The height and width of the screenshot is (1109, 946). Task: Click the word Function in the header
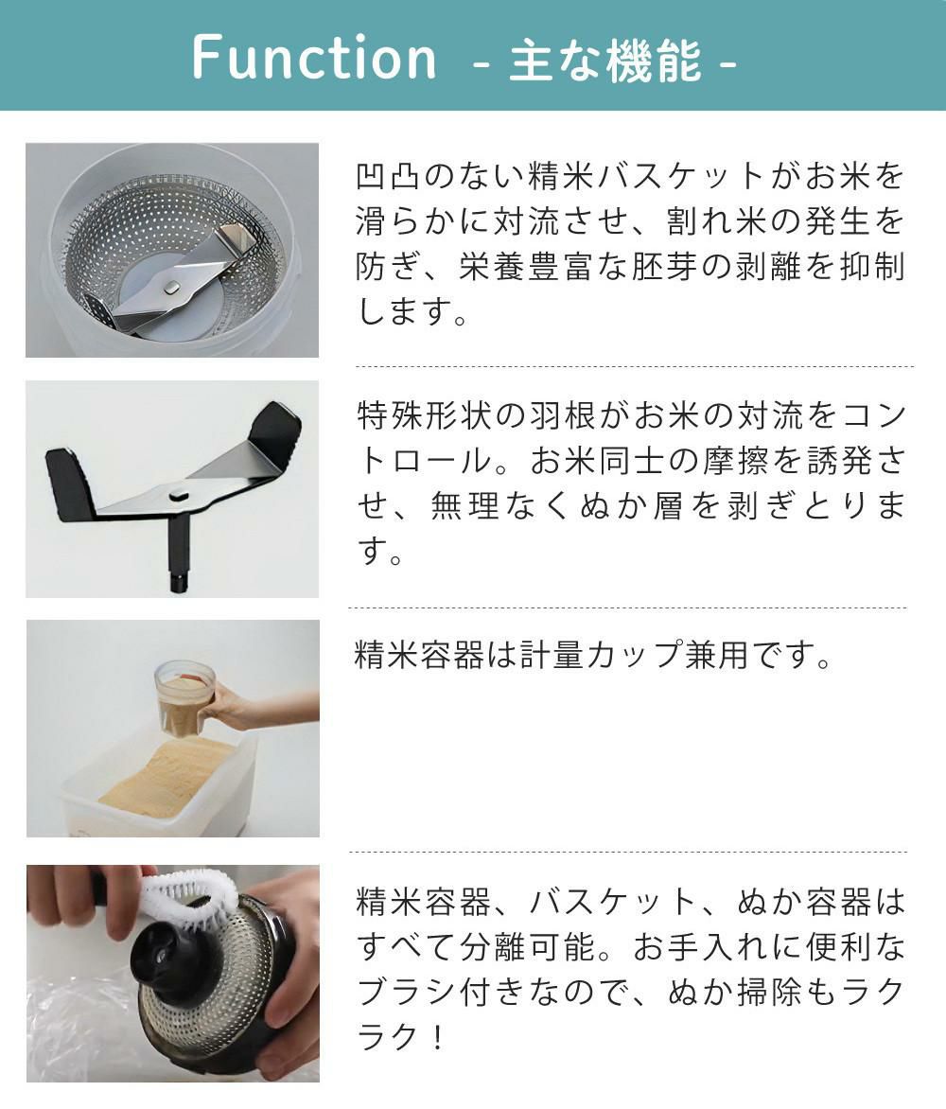[x=314, y=57]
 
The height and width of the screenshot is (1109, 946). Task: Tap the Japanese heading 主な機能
[x=604, y=61]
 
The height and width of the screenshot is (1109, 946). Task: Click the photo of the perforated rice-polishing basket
[x=171, y=250]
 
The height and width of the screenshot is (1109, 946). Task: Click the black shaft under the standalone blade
[x=177, y=559]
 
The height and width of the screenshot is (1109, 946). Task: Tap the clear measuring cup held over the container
[x=185, y=697]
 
